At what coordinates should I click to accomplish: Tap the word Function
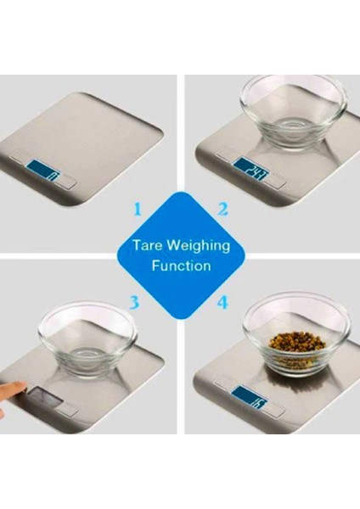[181, 266]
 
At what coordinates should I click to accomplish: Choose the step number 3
[133, 301]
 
